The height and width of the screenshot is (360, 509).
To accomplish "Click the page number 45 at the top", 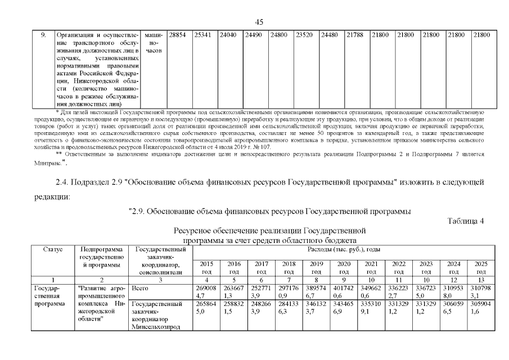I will (x=259, y=22).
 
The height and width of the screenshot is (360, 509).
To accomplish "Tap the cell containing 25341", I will (x=202, y=35).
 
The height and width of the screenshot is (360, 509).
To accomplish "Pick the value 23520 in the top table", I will (x=304, y=35).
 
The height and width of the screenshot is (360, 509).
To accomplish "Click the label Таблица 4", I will (x=466, y=220).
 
